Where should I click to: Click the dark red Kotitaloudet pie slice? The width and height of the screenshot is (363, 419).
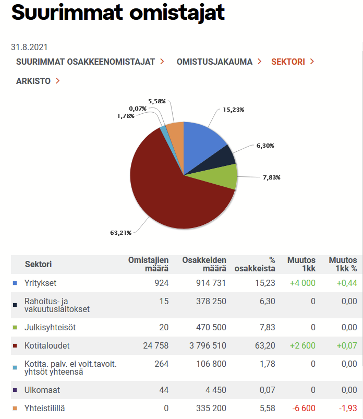167,188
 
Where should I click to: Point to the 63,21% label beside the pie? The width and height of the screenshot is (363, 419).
120,233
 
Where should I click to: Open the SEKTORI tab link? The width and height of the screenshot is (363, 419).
288,62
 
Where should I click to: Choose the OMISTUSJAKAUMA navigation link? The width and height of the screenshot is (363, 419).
214,62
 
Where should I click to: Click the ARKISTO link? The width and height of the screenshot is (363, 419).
33,81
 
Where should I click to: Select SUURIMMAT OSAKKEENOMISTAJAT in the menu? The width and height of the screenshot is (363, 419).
86,62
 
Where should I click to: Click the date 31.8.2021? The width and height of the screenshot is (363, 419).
33,47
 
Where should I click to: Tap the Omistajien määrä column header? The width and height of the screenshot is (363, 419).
149,264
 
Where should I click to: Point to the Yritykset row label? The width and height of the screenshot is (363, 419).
40,283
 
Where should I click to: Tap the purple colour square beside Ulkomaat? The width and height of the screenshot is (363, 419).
15,390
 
